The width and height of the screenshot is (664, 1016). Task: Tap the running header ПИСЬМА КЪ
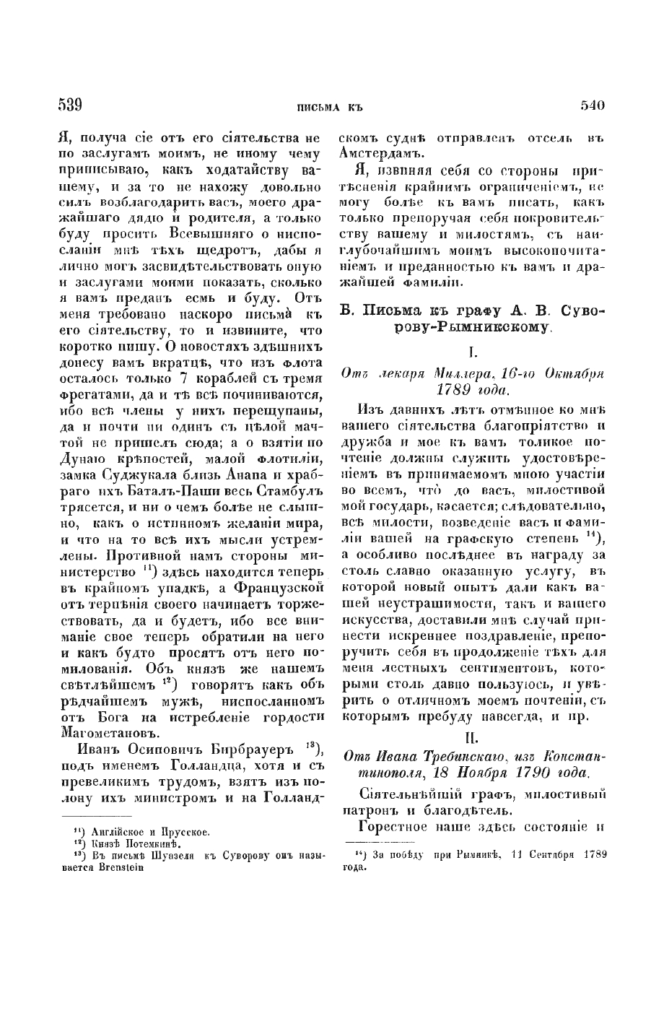tap(329, 108)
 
